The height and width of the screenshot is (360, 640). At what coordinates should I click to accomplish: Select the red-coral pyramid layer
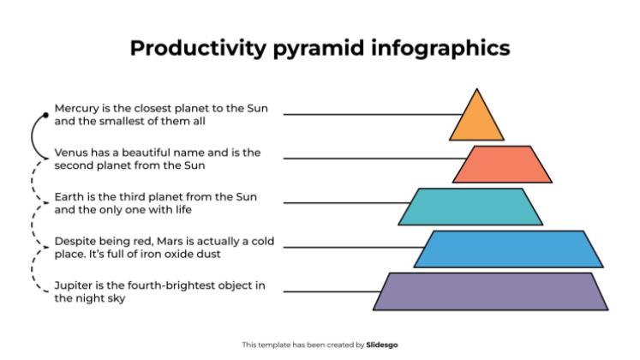point(499,165)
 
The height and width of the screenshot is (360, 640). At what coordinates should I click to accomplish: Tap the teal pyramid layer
point(470,207)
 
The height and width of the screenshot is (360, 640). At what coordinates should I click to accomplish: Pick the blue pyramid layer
point(510,249)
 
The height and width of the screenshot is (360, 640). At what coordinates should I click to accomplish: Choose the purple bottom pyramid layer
point(490,291)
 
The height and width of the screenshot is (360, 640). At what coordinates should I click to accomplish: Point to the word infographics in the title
point(441,48)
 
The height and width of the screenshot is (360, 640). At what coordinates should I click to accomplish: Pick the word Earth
point(69,196)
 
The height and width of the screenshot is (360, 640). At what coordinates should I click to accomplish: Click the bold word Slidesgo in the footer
point(382,345)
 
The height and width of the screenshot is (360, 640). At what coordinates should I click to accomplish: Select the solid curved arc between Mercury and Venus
point(33,134)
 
